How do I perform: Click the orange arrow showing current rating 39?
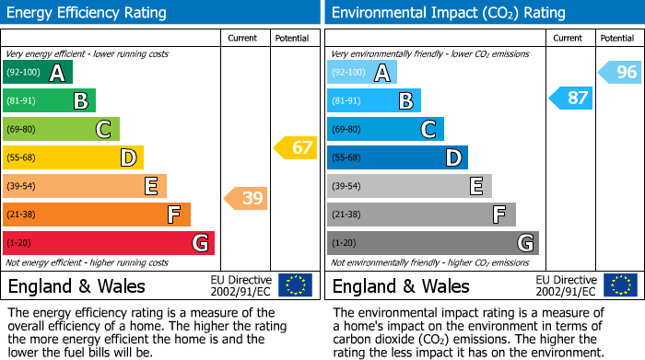(x=245, y=198)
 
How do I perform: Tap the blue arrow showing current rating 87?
(x=570, y=98)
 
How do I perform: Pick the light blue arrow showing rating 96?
(x=620, y=73)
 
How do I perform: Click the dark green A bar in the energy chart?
(x=37, y=73)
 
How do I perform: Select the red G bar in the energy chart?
(x=108, y=243)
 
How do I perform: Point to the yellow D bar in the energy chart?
(x=73, y=157)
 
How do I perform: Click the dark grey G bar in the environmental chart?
(x=432, y=243)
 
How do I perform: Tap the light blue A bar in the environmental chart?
(x=361, y=73)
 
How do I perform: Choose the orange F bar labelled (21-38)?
(x=96, y=215)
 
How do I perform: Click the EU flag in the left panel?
(x=295, y=285)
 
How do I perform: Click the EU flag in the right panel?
(x=620, y=285)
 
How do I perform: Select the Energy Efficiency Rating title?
(x=88, y=13)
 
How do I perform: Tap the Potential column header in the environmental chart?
(x=617, y=38)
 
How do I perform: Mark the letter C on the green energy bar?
(x=104, y=130)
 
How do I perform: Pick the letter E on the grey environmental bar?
(x=476, y=186)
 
